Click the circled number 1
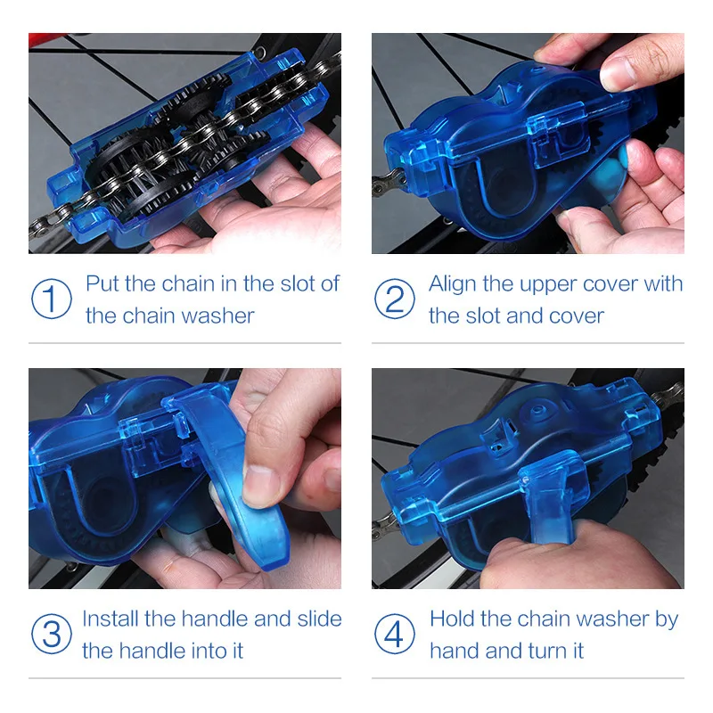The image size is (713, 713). coord(51,299)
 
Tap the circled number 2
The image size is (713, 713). coord(394,299)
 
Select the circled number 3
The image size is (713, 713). coord(51,635)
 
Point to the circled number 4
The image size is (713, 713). coord(394,635)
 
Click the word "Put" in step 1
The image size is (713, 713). coord(102,284)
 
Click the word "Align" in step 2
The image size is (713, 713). coord(453,284)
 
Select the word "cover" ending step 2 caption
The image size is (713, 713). coord(577,316)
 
